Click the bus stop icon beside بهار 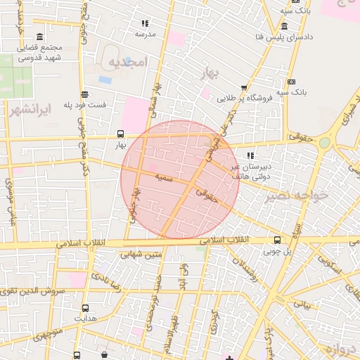pos(121,134)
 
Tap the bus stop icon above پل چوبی pos(277,239)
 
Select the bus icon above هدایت pos(86,308)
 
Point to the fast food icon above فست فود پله pos(84,94)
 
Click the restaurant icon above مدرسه pos(145,24)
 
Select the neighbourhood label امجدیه pos(127,63)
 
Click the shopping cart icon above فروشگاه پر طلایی pos(244,88)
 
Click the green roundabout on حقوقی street pos(324,143)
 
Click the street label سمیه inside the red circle pos(165,178)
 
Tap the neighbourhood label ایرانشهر pos(28,110)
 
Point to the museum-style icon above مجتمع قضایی pos(39,37)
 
